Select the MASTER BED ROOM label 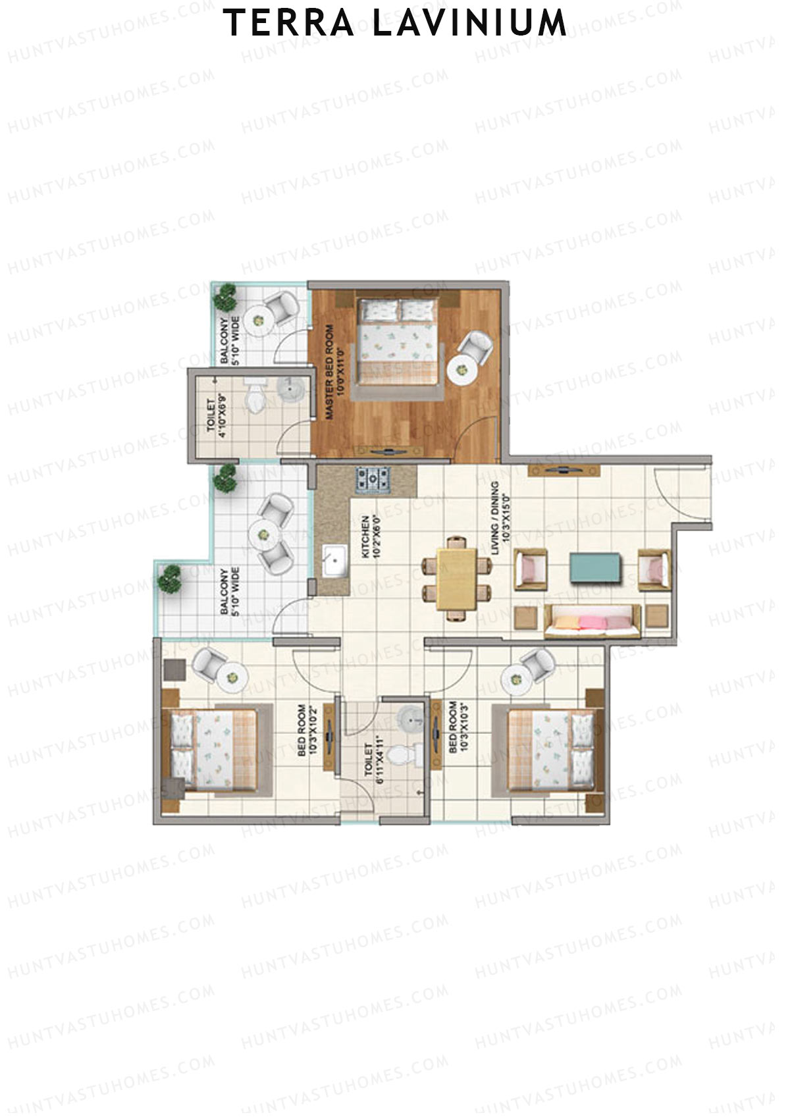coord(334,372)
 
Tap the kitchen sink coord(335,561)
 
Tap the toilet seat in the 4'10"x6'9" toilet coord(254,395)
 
